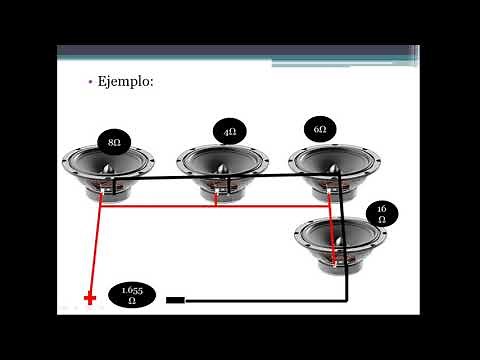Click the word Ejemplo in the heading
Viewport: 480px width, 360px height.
click(x=126, y=82)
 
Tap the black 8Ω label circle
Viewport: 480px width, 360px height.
click(x=114, y=143)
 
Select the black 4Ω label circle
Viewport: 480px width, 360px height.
click(x=229, y=132)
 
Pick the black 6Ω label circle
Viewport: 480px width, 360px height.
click(x=319, y=129)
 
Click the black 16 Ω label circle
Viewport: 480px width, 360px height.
click(x=381, y=214)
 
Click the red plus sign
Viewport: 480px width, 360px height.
click(x=90, y=298)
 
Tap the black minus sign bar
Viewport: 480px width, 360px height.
click(x=175, y=298)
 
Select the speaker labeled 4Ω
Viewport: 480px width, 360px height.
click(x=222, y=172)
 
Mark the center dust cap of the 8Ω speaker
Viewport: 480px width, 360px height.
click(x=108, y=164)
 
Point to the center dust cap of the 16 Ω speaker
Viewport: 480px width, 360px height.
click(x=340, y=238)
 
